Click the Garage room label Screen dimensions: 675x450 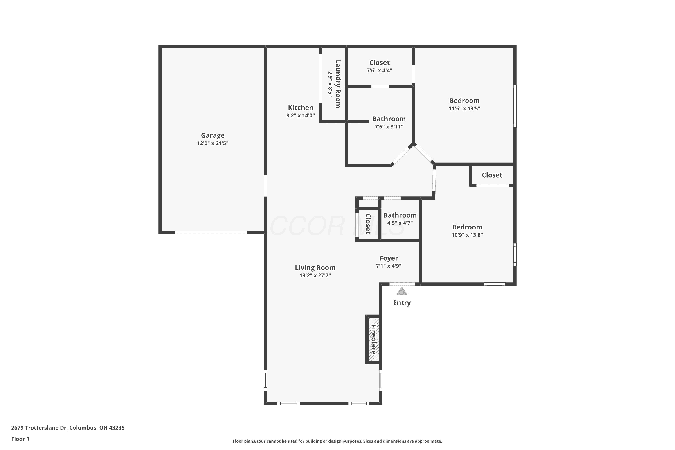pyautogui.click(x=213, y=135)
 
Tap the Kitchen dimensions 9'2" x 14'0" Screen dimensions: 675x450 pyautogui.click(x=300, y=116)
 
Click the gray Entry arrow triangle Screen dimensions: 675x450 pyautogui.click(x=402, y=291)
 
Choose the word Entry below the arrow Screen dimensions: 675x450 pyautogui.click(x=402, y=303)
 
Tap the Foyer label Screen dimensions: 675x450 pyautogui.click(x=389, y=258)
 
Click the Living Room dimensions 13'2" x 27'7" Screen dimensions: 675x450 pyautogui.click(x=315, y=275)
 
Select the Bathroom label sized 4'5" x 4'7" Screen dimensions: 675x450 pyautogui.click(x=400, y=215)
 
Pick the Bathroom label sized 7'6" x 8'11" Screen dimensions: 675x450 pyautogui.click(x=389, y=119)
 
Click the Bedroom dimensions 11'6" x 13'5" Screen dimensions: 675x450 pyautogui.click(x=464, y=108)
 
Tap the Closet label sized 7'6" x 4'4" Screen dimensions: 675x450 pyautogui.click(x=379, y=63)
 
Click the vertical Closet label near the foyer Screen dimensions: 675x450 pyautogui.click(x=368, y=224)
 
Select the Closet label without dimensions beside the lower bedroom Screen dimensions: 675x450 pyautogui.click(x=492, y=175)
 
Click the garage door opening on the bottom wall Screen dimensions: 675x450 pyautogui.click(x=211, y=232)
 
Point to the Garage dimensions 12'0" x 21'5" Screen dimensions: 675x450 pyautogui.click(x=213, y=143)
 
